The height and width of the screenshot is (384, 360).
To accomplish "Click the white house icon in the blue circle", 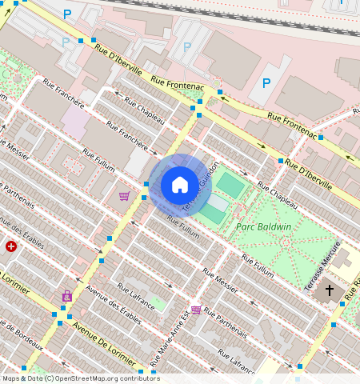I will coord(180,185).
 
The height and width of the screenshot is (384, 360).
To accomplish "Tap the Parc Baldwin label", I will coord(264,226).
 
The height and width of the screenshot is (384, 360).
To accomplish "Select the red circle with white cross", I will coord(11,246).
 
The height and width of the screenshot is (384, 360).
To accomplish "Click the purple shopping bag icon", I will coord(66,297).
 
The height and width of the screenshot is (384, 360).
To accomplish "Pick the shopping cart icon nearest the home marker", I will coord(124,196).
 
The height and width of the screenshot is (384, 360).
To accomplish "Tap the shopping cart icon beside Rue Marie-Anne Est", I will coord(196,310).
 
